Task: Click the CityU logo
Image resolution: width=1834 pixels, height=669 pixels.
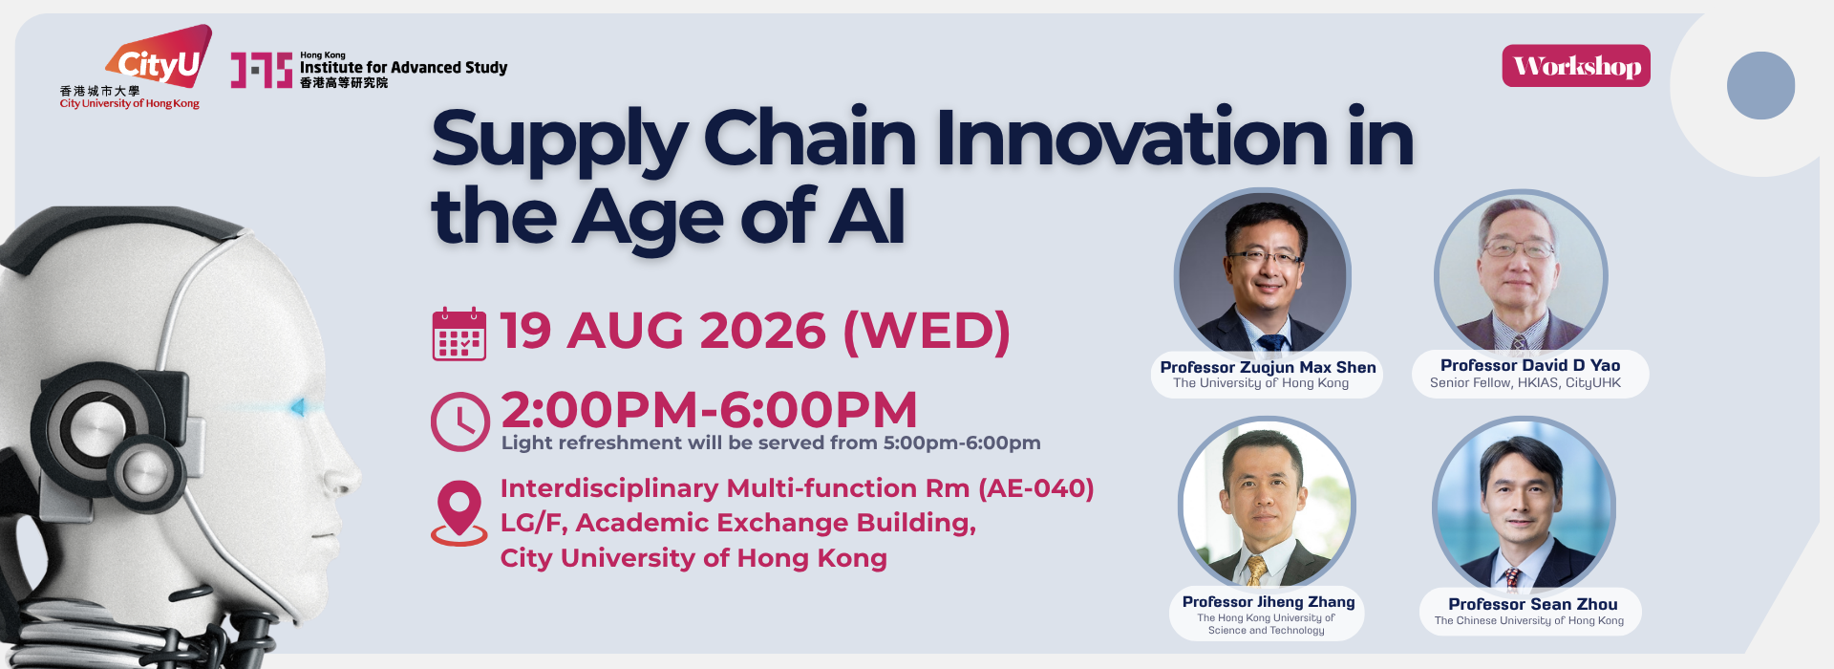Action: coord(135,67)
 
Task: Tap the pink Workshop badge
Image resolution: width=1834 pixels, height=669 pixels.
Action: coord(1576,66)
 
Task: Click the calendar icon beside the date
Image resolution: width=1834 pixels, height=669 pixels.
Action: coord(459,334)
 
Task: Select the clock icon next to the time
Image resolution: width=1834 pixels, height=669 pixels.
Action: coord(460,421)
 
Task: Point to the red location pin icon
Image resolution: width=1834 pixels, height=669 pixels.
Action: coord(459,512)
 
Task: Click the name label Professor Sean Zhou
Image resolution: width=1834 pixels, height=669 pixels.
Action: coord(1533,604)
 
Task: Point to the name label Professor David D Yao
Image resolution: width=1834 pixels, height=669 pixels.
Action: coord(1530,365)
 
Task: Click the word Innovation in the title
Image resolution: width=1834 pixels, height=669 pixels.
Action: coord(1132,139)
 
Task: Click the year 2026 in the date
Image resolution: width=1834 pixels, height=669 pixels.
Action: coord(763,332)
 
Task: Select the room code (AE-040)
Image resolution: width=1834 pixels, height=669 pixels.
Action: coord(1036,488)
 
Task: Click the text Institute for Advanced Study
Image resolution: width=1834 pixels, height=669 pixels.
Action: coord(403,68)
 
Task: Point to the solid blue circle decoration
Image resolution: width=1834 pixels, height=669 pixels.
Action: coord(1760,85)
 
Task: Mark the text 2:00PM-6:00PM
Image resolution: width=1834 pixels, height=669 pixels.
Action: coord(709,410)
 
